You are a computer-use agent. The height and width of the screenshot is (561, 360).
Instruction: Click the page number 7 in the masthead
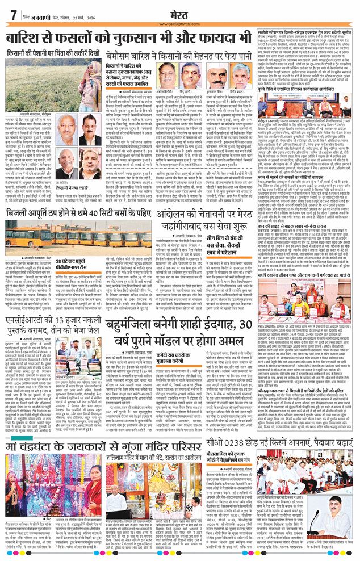[x=12, y=15]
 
